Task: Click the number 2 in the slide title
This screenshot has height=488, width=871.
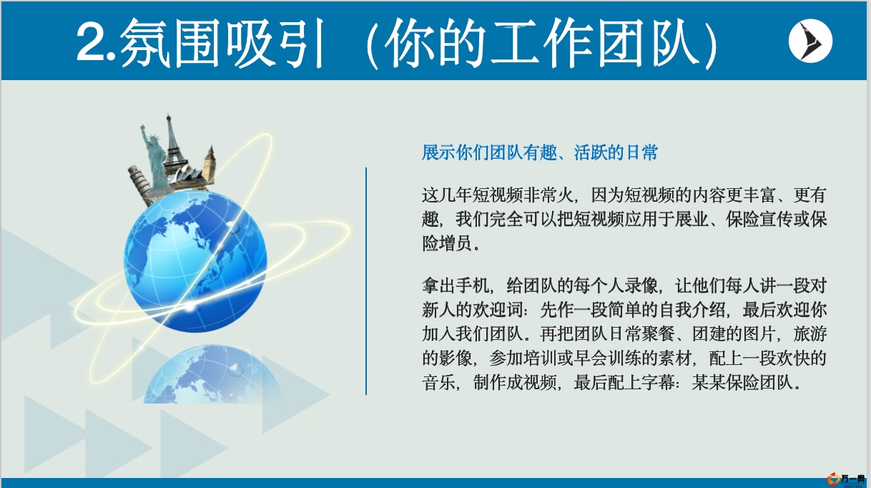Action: tap(91, 42)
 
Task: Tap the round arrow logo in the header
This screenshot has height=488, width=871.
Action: tap(810, 41)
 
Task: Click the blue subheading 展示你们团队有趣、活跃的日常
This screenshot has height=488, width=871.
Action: tap(540, 152)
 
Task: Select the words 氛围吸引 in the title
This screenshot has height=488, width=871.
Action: tap(222, 43)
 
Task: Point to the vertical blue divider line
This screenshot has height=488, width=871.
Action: tap(366, 281)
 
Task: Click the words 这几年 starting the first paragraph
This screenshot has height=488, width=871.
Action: tap(447, 195)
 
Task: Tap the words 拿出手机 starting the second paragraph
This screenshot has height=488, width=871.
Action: tap(456, 286)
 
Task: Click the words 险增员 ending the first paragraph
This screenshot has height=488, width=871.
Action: tap(447, 243)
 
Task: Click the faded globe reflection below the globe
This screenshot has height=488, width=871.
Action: tap(210, 374)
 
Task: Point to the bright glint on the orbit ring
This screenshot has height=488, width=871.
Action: tap(189, 308)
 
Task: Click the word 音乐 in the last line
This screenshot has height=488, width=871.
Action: tap(438, 383)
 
